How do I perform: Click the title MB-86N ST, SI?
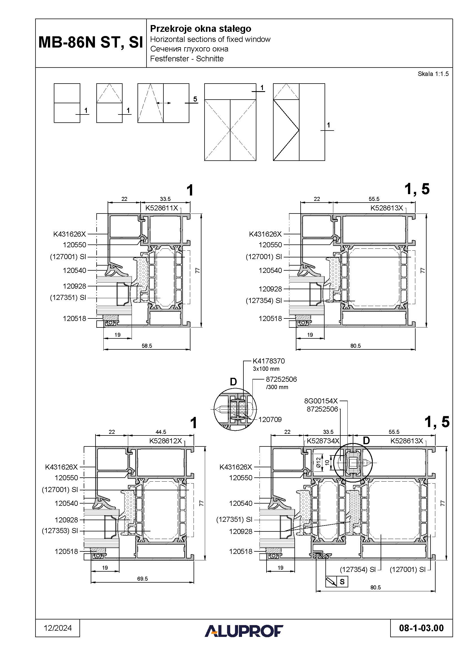pos(91,43)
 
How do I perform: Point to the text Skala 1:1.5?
pos(433,74)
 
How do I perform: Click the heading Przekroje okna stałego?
pos(201,29)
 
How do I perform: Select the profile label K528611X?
pos(162,208)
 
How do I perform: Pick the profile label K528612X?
pos(166,441)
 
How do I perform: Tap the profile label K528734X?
pos(323,441)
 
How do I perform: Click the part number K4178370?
pos(268,361)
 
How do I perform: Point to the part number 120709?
pos(270,419)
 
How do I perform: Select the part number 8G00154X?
pos(321,401)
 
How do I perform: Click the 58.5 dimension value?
pos(147,346)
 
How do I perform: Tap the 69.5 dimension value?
pos(142,579)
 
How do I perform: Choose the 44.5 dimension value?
pos(161,432)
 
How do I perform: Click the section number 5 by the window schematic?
pos(195,99)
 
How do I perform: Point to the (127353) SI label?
pos(60,531)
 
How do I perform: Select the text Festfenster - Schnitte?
pos(187,59)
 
